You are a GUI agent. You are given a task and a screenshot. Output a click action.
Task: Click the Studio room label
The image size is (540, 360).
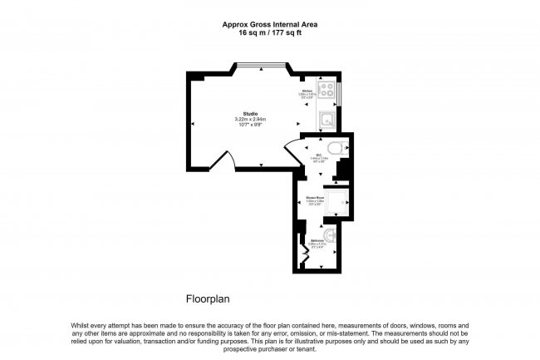click(x=250, y=113)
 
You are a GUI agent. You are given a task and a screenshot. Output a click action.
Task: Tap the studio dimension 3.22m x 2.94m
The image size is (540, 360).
click(x=250, y=120)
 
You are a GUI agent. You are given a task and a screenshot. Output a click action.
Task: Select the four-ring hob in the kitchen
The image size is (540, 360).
click(x=328, y=91)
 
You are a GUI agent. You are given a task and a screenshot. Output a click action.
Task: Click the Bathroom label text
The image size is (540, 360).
click(x=317, y=241)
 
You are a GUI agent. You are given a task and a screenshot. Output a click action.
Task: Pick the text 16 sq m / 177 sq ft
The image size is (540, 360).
click(x=269, y=34)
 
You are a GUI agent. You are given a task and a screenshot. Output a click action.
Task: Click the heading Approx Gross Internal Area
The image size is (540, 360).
click(x=269, y=25)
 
